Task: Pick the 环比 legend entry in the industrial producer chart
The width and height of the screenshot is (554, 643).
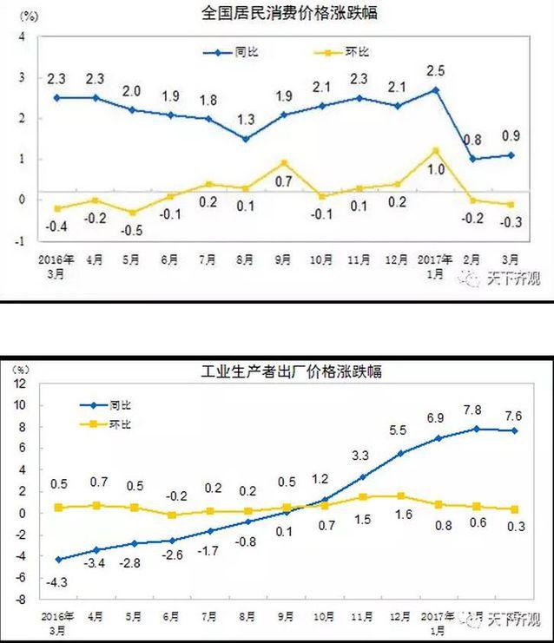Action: point(105,424)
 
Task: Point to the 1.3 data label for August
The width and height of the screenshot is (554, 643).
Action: point(246,119)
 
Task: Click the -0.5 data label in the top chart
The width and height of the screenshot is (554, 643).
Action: point(131,231)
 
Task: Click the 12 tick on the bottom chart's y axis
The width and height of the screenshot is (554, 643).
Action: point(18,384)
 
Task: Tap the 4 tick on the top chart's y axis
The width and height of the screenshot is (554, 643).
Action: point(19,36)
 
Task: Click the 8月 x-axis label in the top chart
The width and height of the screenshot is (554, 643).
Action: point(246,259)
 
